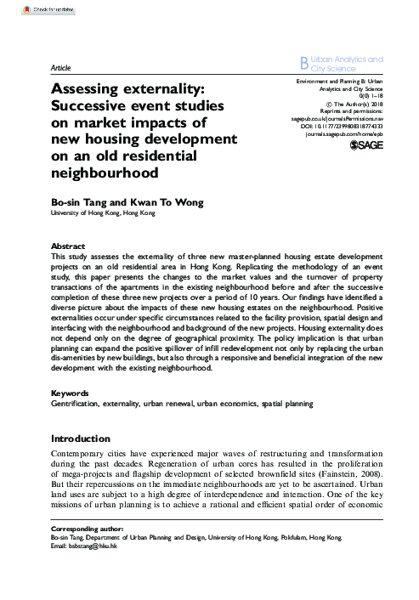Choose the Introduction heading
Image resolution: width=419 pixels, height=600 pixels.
click(81, 439)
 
